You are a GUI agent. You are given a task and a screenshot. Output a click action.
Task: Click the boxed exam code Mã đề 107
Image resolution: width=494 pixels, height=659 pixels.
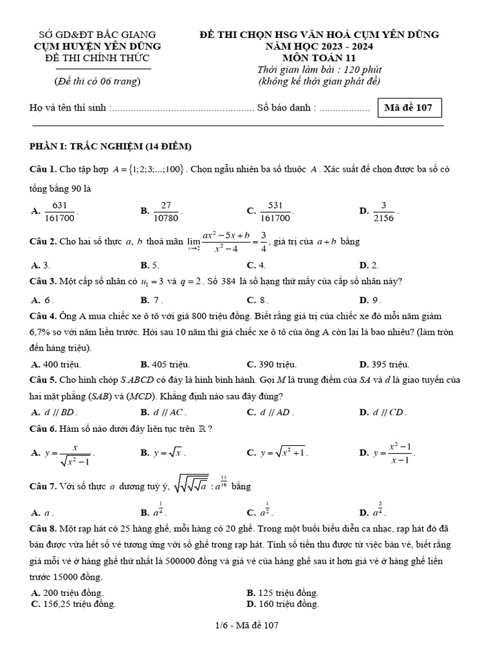pyautogui.click(x=409, y=108)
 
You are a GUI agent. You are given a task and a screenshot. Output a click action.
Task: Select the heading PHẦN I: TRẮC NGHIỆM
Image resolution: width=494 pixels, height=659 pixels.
pyautogui.click(x=110, y=146)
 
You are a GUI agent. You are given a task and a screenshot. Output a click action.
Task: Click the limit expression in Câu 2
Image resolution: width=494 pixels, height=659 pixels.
pyautogui.click(x=227, y=242)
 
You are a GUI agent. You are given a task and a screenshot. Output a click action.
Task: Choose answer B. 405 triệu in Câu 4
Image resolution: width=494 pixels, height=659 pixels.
pyautogui.click(x=167, y=364)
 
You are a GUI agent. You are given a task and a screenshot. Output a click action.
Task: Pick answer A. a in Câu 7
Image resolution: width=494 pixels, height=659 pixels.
pyautogui.click(x=42, y=512)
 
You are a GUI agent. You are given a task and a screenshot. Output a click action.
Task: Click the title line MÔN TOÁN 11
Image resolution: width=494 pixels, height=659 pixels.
pyautogui.click(x=319, y=58)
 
